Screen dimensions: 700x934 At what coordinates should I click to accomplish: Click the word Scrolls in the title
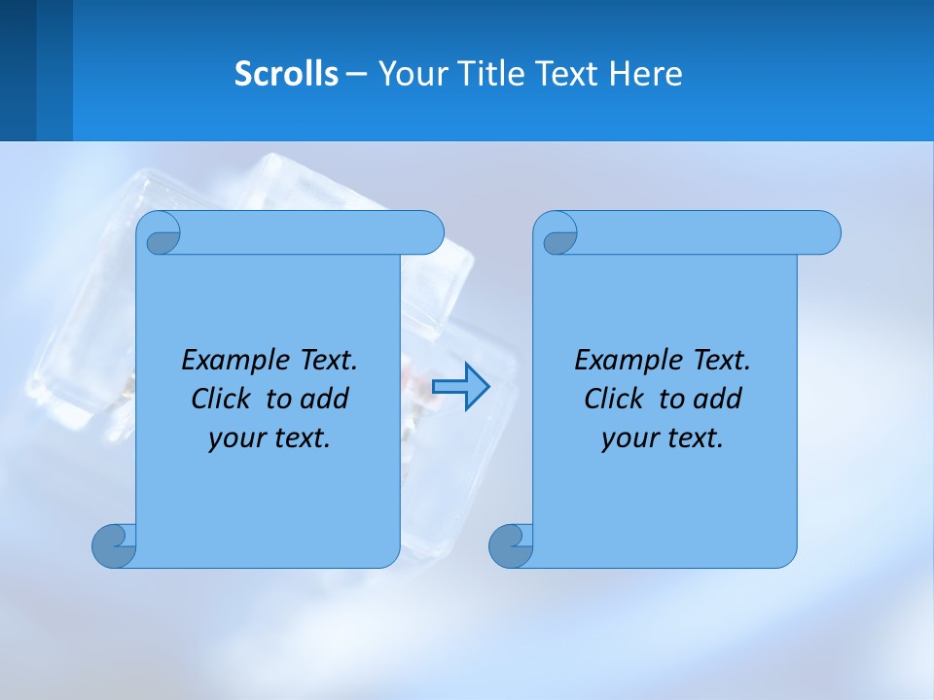click(x=286, y=74)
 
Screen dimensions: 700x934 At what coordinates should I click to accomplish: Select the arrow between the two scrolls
click(x=460, y=387)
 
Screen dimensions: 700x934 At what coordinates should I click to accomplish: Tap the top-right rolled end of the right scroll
click(x=822, y=232)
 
